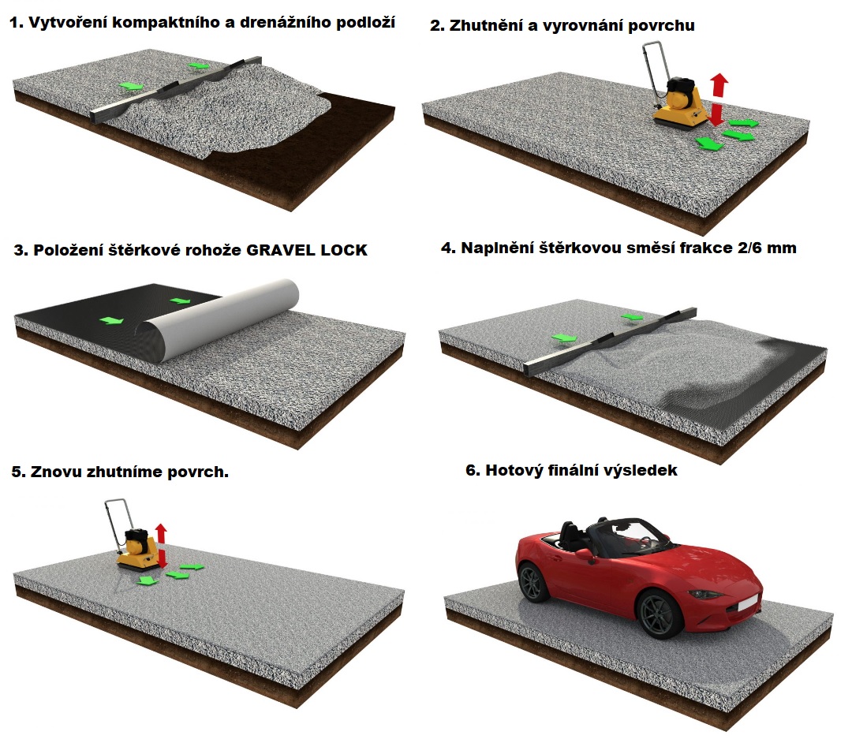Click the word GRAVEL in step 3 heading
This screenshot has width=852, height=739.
pyautogui.click(x=280, y=250)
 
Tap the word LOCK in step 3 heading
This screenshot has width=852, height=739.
pyautogui.click(x=344, y=250)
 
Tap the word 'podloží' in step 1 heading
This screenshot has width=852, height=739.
pyautogui.click(x=365, y=23)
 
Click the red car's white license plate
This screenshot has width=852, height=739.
pyautogui.click(x=748, y=602)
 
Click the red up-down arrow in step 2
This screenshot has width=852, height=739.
pyautogui.click(x=719, y=99)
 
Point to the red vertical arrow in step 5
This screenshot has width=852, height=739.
pyautogui.click(x=161, y=545)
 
